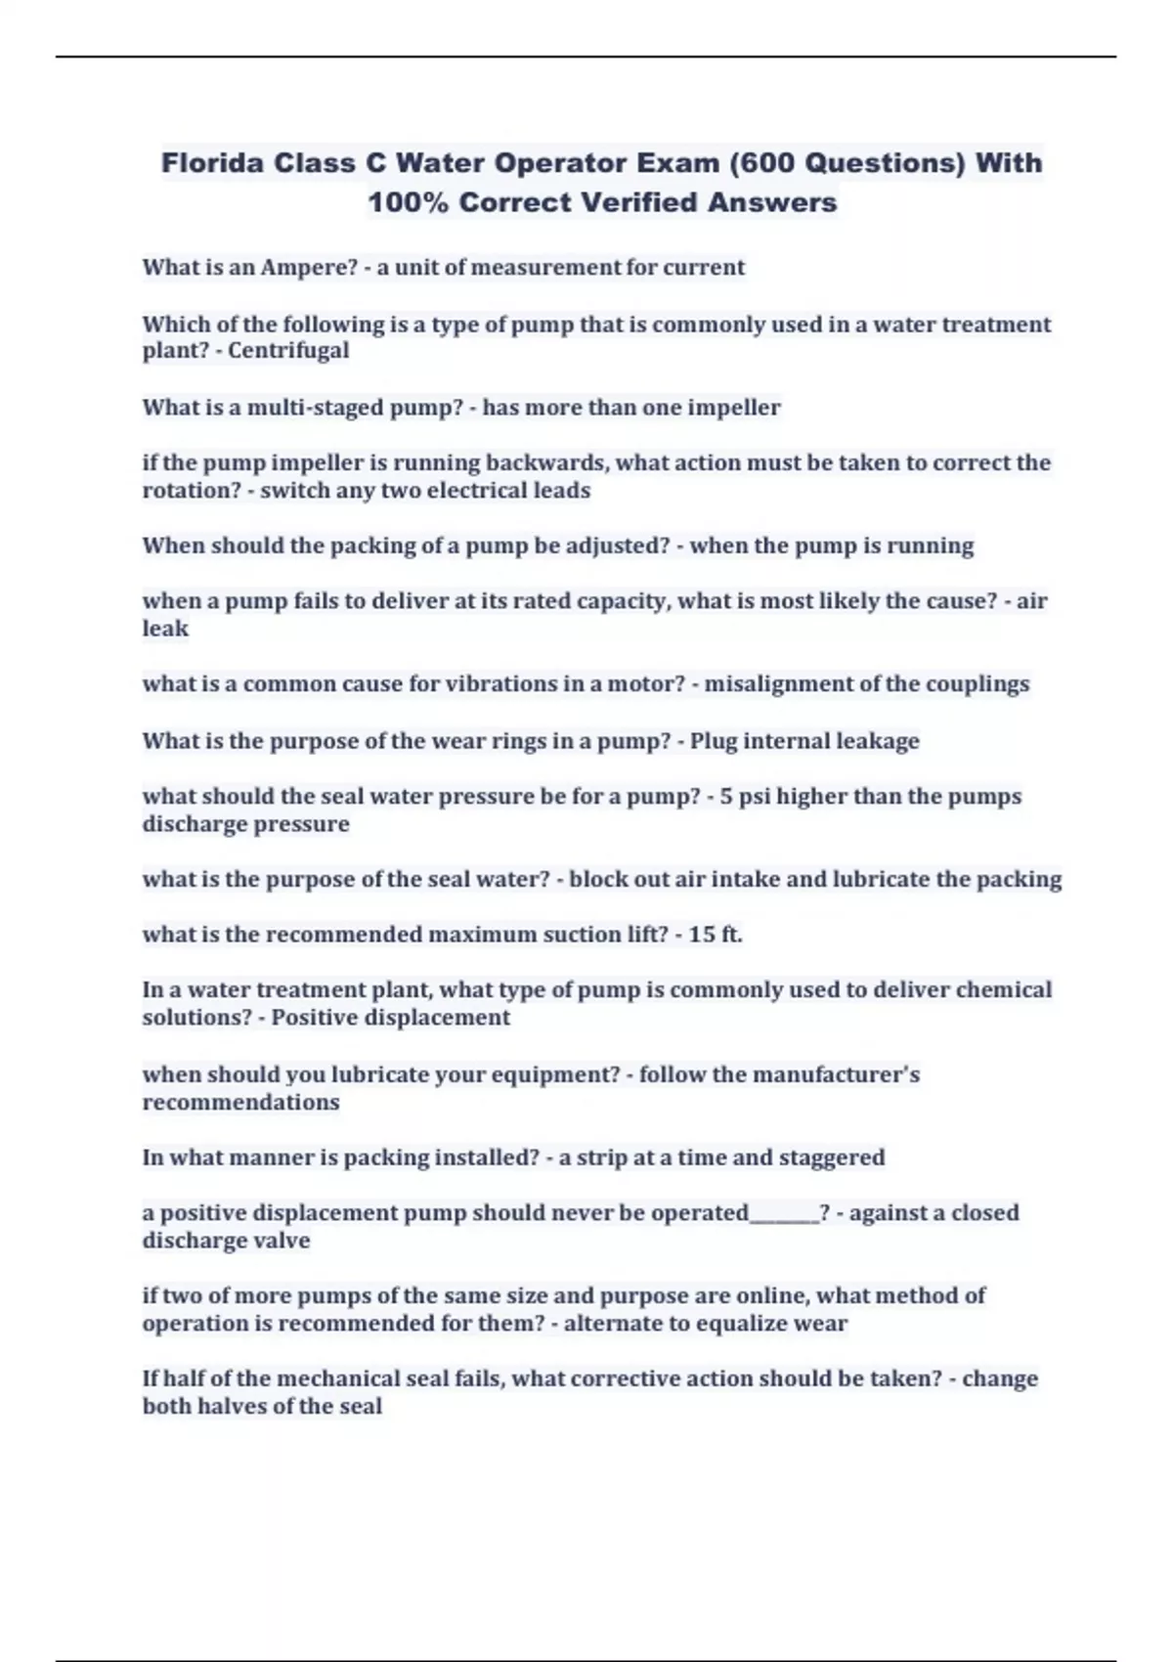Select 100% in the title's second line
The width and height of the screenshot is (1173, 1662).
pyautogui.click(x=408, y=202)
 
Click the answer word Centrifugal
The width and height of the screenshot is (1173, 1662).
pyautogui.click(x=288, y=350)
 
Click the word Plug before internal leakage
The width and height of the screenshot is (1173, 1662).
pyautogui.click(x=714, y=740)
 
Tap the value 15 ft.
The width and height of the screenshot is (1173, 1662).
pyautogui.click(x=715, y=934)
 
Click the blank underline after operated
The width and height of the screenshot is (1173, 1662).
pyautogui.click(x=784, y=1214)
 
